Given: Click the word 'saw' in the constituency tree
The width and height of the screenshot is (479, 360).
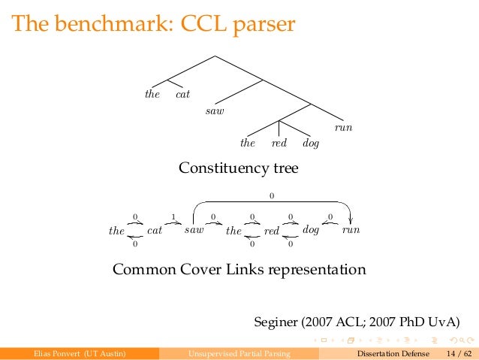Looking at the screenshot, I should (215, 111).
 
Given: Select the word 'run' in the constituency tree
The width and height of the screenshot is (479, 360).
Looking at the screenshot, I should (343, 128).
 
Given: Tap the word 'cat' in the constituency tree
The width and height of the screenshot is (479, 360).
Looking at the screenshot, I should (182, 95).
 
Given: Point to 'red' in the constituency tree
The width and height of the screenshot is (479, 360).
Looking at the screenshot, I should (279, 143).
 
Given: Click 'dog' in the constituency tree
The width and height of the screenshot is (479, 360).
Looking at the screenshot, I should (310, 143).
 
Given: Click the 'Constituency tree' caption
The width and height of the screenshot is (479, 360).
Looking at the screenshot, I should (238, 168).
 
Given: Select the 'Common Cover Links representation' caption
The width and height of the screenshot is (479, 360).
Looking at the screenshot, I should (239, 269).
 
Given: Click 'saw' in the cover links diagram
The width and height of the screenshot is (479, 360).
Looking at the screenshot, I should (194, 230).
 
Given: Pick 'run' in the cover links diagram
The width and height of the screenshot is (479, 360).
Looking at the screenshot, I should (351, 230).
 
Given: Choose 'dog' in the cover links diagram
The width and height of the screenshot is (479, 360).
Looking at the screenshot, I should (311, 230).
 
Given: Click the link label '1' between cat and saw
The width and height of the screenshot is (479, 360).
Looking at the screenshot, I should (173, 216).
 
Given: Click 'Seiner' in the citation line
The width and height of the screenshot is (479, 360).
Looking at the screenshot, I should (277, 323).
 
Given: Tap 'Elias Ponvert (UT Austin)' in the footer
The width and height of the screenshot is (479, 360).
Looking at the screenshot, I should (75, 353).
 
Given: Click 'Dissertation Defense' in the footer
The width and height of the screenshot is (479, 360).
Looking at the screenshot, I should (394, 353).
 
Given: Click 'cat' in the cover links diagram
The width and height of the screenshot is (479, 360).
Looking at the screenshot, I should (155, 230).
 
